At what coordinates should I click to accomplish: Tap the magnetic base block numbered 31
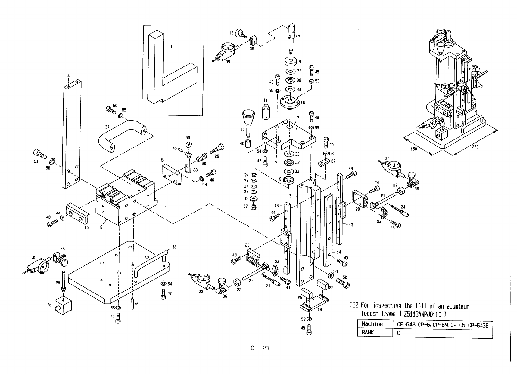63,307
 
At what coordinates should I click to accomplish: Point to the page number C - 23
259,348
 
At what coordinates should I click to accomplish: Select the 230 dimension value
475,147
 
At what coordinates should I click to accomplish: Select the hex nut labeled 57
254,207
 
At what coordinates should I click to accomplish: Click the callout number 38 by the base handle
174,247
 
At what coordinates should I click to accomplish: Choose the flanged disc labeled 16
289,102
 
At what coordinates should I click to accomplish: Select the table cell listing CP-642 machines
443,324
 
